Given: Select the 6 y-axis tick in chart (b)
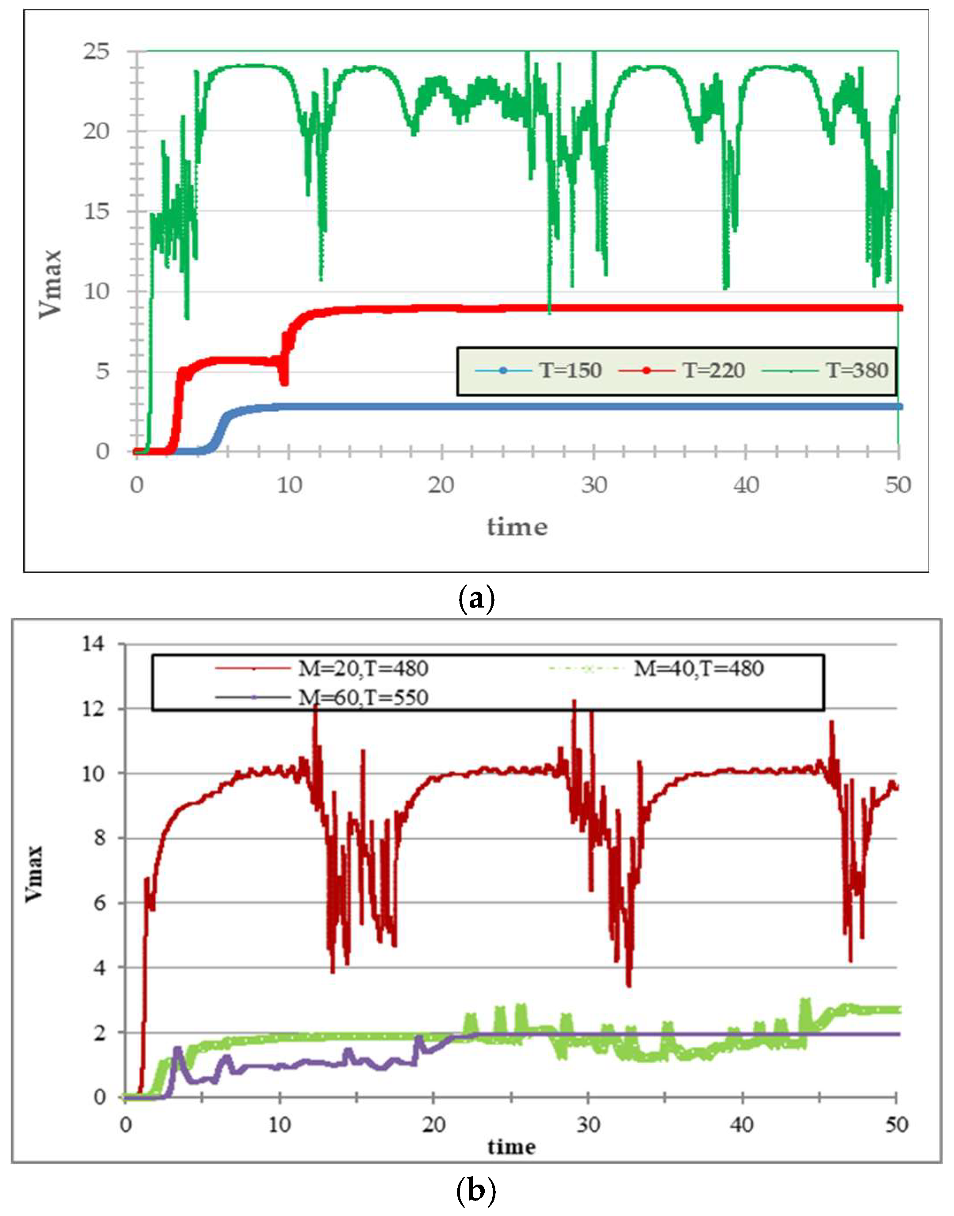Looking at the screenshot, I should pyautogui.click(x=100, y=903).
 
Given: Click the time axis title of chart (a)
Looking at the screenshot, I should pyautogui.click(x=517, y=527).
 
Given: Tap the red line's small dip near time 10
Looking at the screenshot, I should pyautogui.click(x=285, y=380).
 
